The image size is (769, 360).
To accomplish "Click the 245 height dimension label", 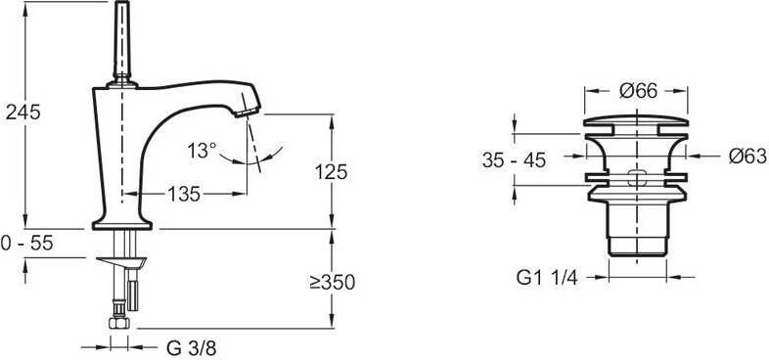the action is [23, 112].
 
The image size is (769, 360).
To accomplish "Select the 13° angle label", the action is [202, 150].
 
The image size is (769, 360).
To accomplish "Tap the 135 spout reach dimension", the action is [184, 195].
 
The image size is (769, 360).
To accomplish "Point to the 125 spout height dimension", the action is [331, 172].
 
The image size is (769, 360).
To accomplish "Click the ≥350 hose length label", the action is [332, 282].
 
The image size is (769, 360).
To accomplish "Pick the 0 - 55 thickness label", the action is [27, 243].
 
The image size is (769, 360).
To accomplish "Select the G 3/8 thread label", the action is [191, 348].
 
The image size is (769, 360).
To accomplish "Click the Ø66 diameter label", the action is [638, 91].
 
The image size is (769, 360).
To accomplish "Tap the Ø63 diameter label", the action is [747, 157].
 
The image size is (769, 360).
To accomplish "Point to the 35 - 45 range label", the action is [514, 160].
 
